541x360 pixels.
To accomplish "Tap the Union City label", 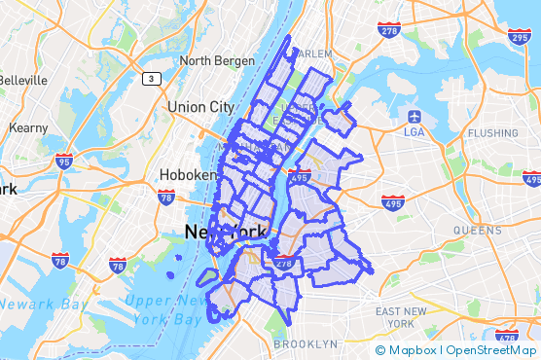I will [x=200, y=106].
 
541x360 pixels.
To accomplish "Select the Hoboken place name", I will [x=188, y=175].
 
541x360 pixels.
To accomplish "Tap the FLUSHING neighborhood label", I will [x=492, y=132].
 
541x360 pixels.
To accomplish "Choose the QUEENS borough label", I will [x=476, y=231].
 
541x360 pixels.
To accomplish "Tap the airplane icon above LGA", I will [x=413, y=116].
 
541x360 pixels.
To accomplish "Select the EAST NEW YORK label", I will [x=402, y=316].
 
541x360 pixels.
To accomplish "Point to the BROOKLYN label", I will [x=306, y=343].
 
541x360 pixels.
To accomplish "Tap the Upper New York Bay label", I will [x=165, y=309].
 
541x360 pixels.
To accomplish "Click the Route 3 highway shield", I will [x=153, y=78].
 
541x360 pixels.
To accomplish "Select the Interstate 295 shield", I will [x=520, y=36].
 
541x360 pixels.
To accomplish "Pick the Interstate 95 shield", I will [x=63, y=162].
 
